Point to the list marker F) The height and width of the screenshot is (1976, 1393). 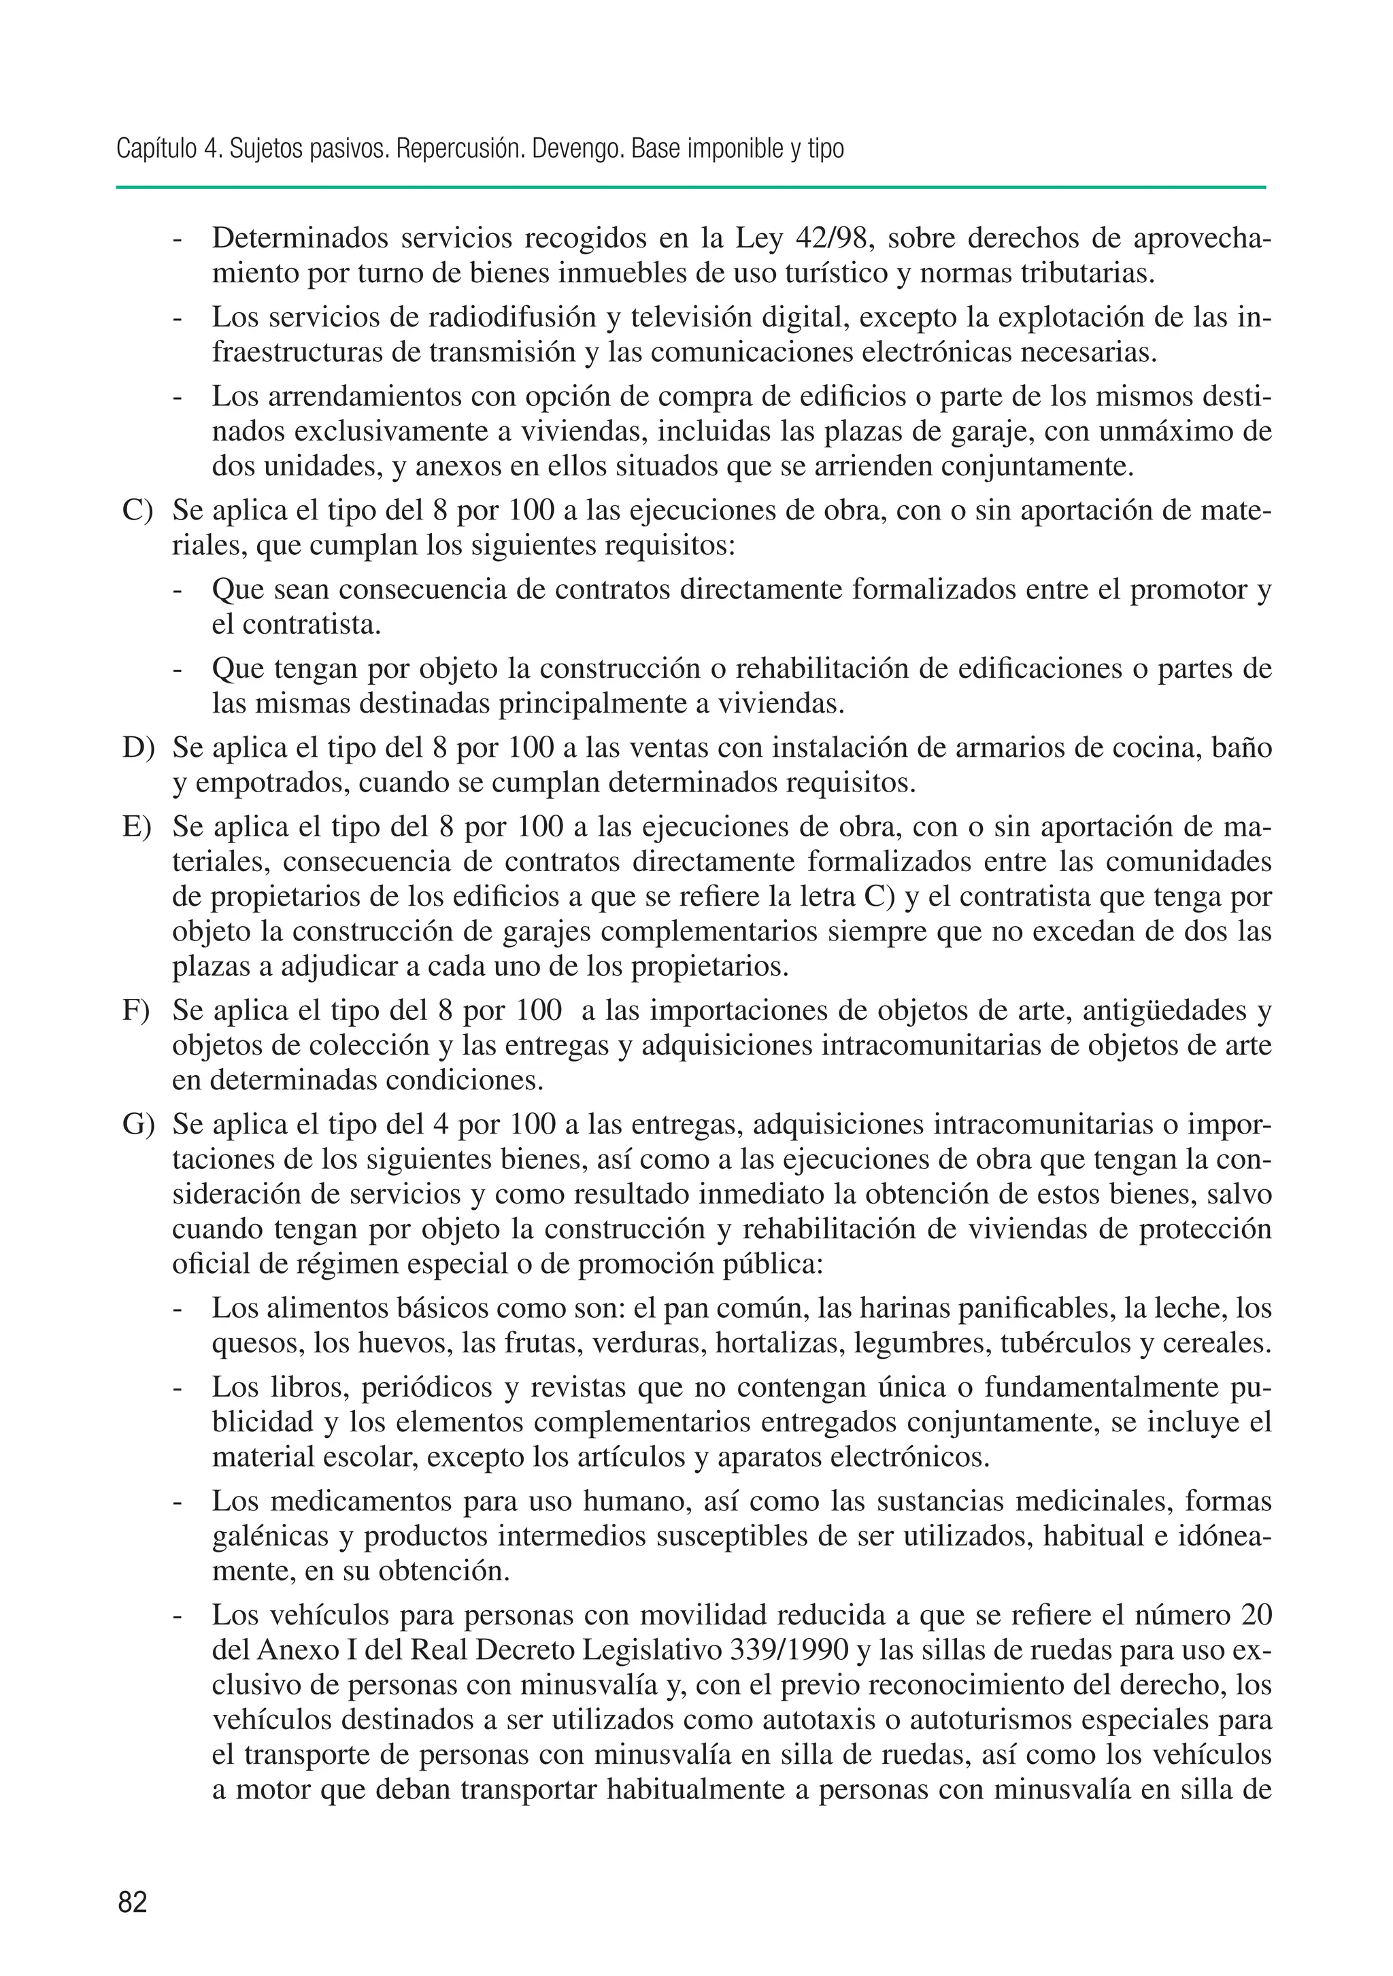[136, 1010]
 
